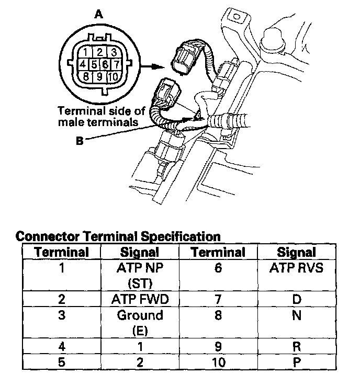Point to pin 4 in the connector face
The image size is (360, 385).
[82, 65]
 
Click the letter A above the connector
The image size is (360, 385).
[98, 15]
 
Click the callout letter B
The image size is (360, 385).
[79, 140]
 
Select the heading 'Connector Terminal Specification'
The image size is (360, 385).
[118, 236]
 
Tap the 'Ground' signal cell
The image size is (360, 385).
[140, 315]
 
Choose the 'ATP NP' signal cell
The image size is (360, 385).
[140, 269]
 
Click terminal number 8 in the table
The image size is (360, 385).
[218, 315]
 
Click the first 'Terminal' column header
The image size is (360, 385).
[62, 253]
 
